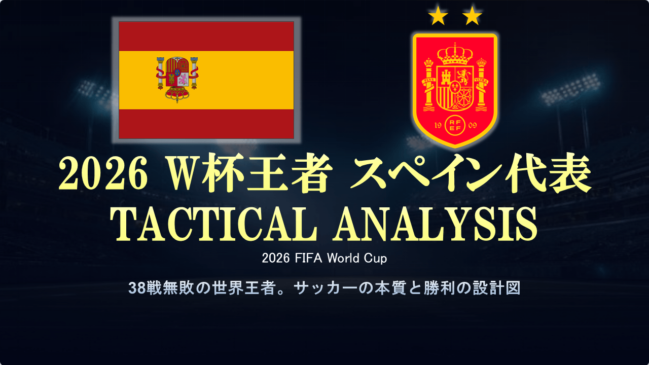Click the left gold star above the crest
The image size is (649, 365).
tap(438, 15)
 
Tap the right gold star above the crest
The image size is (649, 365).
tap(472, 15)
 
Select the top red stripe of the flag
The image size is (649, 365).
tap(206, 36)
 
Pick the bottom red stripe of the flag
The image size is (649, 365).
tap(206, 124)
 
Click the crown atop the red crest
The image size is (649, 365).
tap(455, 54)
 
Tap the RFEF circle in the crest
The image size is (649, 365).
tap(455, 125)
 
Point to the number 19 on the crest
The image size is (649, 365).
tap(438, 125)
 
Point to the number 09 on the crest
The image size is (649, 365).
tap(472, 125)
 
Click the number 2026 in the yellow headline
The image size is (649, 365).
tap(103, 174)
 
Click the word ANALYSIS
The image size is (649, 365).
tap(435, 224)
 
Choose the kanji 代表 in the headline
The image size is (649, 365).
tap(548, 174)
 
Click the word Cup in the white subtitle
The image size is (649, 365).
tap(375, 259)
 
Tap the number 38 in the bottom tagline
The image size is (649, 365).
tap(137, 288)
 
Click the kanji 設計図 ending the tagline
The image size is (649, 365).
tap(497, 288)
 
